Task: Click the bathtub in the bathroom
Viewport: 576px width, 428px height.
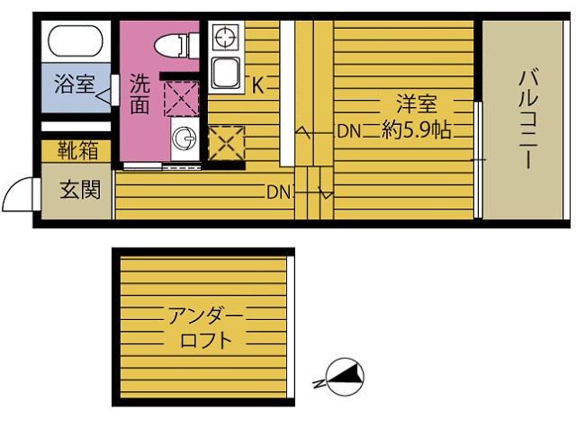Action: [76, 41]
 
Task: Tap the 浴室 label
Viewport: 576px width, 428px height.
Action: [75, 86]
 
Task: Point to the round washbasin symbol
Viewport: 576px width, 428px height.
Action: [184, 139]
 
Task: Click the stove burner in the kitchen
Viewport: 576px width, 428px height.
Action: [225, 38]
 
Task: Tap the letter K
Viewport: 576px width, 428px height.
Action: [257, 86]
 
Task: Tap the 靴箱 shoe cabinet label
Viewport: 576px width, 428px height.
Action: [76, 150]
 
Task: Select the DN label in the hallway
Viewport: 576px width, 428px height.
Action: [277, 192]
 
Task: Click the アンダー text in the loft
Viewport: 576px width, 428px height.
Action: [204, 316]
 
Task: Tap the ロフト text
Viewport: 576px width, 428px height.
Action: [206, 341]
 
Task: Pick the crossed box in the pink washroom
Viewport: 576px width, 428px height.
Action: [180, 97]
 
